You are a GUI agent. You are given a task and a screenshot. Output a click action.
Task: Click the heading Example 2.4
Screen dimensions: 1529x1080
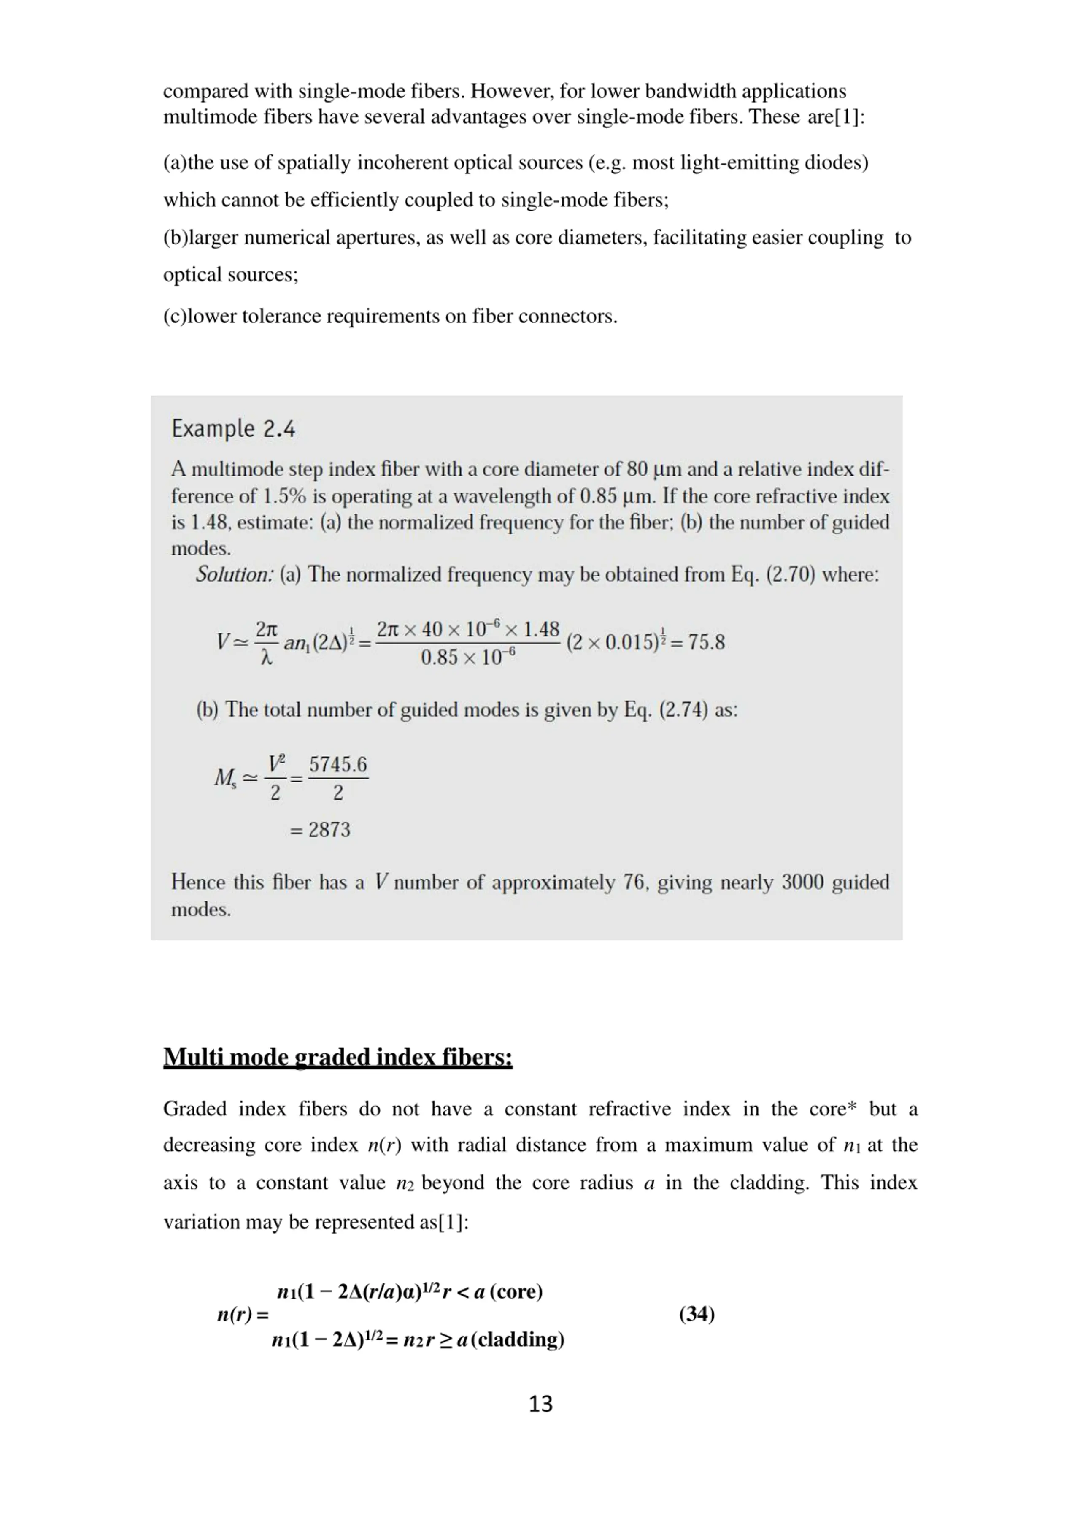(233, 428)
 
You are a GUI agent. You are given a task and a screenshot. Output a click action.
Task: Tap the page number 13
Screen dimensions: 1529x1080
(540, 1403)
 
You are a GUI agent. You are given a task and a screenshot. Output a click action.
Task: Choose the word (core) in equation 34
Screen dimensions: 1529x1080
(516, 1291)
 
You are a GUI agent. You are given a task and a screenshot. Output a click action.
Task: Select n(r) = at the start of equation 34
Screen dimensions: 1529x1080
(243, 1315)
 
